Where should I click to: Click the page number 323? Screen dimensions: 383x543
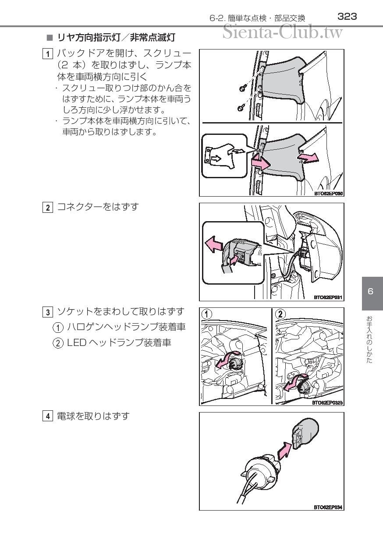coord(347,17)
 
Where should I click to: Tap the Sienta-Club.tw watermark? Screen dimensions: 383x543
coord(283,32)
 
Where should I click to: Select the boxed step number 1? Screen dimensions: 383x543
coord(48,54)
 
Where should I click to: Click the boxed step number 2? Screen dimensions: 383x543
coord(48,208)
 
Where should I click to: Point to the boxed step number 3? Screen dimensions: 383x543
coord(48,312)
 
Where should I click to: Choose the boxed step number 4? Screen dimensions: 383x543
coord(48,416)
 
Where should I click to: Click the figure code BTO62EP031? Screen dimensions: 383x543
coord(328,297)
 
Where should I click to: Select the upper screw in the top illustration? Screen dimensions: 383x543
coord(242,89)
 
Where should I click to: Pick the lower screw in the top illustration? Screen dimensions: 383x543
coord(241,108)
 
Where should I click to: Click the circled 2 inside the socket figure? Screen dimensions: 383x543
coord(280,314)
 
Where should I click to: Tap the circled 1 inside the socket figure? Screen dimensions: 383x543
coord(207,314)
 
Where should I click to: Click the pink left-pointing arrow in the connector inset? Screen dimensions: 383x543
coord(214,244)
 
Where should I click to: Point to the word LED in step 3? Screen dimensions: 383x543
coord(77,343)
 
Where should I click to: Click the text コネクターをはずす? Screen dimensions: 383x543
coord(98,207)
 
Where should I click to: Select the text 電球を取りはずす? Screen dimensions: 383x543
coord(93,416)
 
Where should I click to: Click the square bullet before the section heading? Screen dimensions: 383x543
coord(50,38)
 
